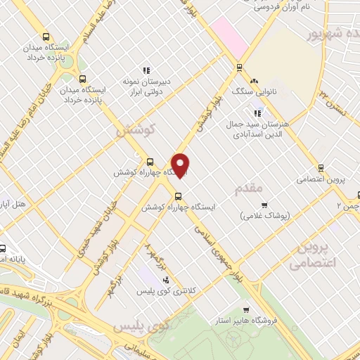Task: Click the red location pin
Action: click(181, 165)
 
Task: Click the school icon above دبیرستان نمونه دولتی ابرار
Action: click(146, 70)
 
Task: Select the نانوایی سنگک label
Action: click(250, 92)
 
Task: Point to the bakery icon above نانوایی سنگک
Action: click(254, 82)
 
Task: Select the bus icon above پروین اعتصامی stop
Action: click(321, 168)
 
